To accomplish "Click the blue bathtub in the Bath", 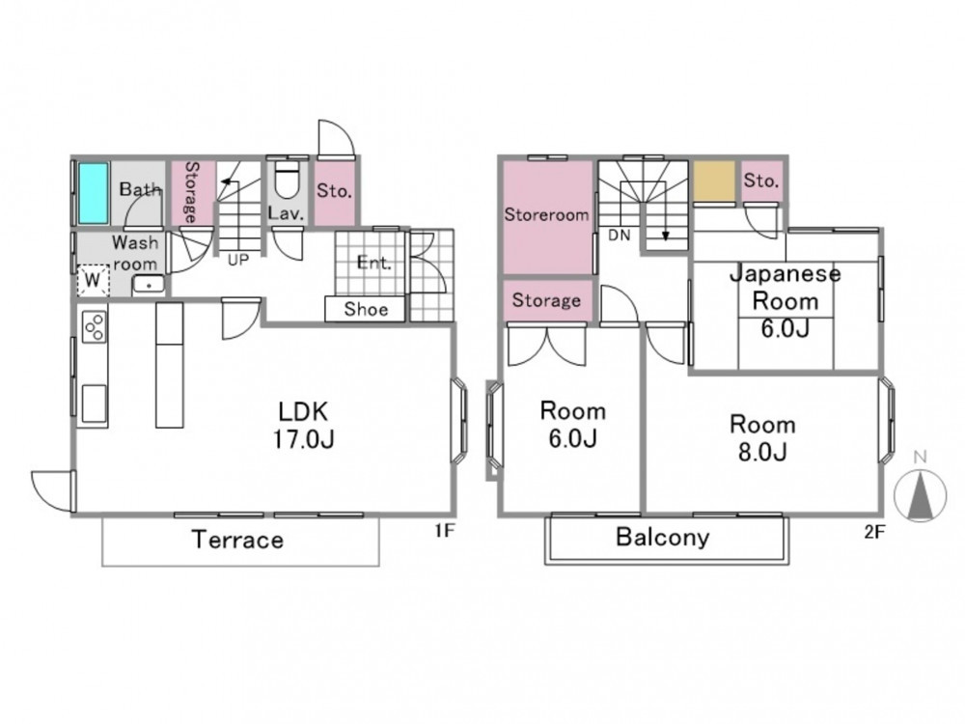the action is point(94,193).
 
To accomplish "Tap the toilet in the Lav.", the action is point(287,179).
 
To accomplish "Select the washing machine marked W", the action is point(93,280).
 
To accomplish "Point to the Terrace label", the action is point(238,540).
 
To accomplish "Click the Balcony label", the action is point(663,537).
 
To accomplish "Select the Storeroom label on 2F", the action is point(546,214).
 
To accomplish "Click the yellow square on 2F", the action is point(714,181).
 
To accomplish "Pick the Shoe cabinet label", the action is point(366,309).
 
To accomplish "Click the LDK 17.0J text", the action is point(303,425).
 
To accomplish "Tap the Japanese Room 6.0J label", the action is point(786,301).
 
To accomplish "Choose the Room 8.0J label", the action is point(762,437).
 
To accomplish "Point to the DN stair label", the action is point(620,235).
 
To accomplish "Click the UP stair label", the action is point(238,260).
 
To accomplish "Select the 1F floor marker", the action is point(444,530).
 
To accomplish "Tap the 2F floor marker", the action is point(874,531).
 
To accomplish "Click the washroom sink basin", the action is point(149,285).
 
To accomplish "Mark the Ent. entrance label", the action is point(374,263).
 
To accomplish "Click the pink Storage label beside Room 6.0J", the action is point(546,300).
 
